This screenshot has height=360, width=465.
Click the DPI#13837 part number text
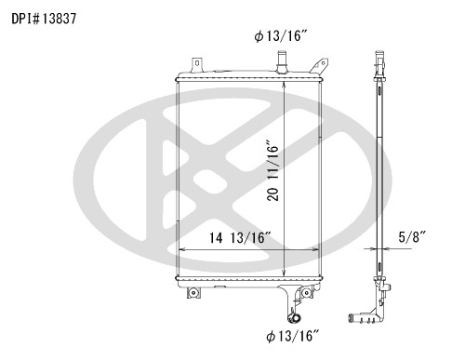pyautogui.click(x=44, y=19)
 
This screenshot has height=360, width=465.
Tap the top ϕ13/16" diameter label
pyautogui.click(x=281, y=36)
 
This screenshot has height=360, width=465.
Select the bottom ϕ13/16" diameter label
pyautogui.click(x=293, y=336)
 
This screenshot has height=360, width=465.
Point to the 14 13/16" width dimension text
pyautogui.click(x=241, y=238)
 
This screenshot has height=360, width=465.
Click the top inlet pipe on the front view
pyautogui.click(x=282, y=62)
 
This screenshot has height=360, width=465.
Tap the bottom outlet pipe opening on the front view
pyautogui.click(x=294, y=318)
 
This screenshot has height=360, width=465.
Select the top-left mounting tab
pyautogui.click(x=197, y=64)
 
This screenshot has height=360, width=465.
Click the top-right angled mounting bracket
pyautogui.click(x=319, y=66)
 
